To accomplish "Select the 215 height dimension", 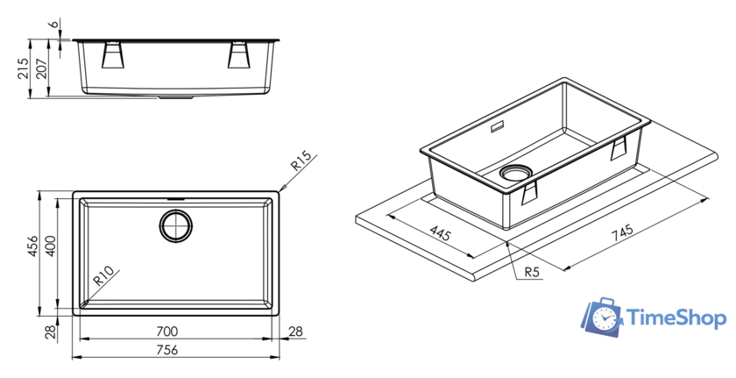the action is (x=23, y=68).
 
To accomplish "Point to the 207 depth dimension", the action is (x=41, y=68).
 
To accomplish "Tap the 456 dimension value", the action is (x=32, y=246).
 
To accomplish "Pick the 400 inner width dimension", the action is (x=50, y=246).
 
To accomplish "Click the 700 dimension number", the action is (x=167, y=332).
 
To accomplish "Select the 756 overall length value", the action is (x=167, y=350).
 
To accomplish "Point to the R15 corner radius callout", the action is (x=301, y=160).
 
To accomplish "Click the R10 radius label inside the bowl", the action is (x=103, y=276).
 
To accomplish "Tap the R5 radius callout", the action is (x=532, y=272).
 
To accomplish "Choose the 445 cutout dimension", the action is (x=440, y=233).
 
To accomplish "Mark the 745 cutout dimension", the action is (x=622, y=233).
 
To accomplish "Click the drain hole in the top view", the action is (x=176, y=226).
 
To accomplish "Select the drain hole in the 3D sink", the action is (x=515, y=173).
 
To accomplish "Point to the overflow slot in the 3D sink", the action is (x=497, y=127).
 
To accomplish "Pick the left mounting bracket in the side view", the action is (x=113, y=55).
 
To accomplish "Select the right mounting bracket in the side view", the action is (x=239, y=55).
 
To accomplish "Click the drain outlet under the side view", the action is (x=176, y=97).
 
